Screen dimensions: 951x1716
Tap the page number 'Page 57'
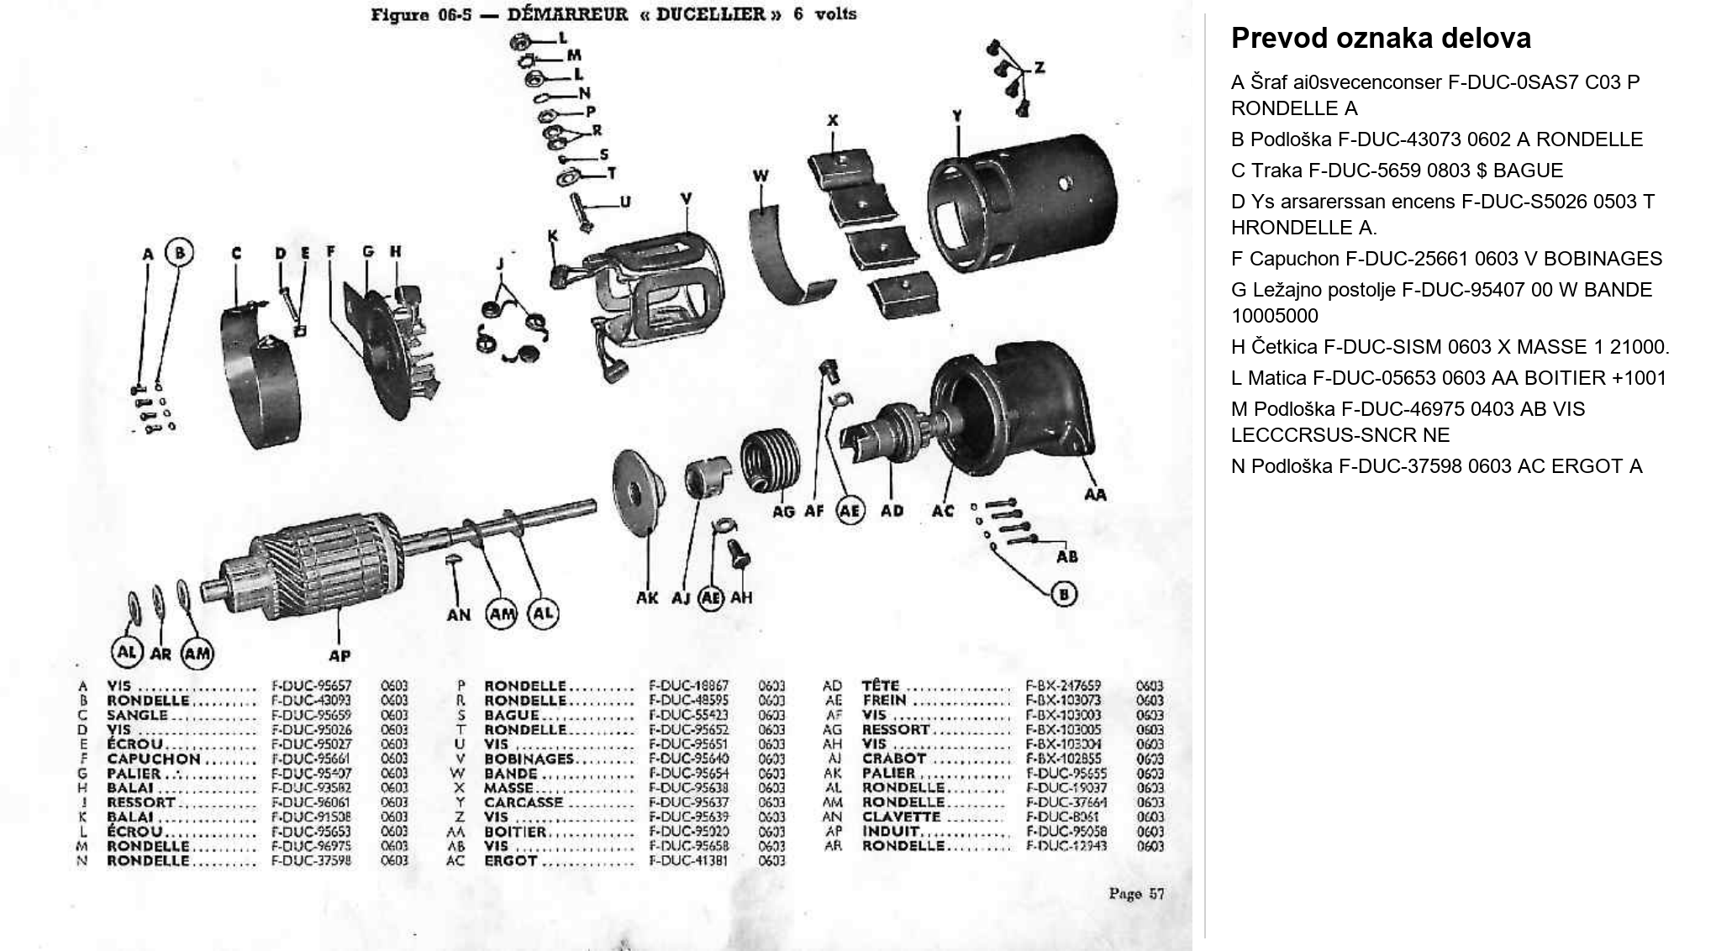(x=1136, y=894)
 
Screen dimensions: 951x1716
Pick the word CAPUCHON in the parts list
(x=153, y=759)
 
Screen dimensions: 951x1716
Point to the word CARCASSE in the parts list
(x=523, y=802)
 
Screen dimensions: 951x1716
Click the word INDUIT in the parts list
(x=891, y=832)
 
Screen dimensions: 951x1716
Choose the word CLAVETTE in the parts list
(x=901, y=817)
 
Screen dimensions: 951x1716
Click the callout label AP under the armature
(x=339, y=655)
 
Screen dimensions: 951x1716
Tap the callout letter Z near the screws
(x=1040, y=67)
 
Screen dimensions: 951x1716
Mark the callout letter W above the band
(x=761, y=176)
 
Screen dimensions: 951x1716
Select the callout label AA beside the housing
(x=1095, y=495)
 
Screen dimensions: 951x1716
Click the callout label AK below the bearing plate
(x=647, y=598)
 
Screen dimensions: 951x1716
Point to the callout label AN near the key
(x=459, y=615)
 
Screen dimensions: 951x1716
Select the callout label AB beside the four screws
(x=1066, y=557)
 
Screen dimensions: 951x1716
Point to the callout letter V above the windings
(x=686, y=199)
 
